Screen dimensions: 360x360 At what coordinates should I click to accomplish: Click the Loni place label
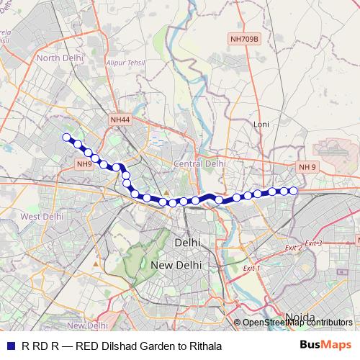261,124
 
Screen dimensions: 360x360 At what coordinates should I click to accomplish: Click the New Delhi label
176,265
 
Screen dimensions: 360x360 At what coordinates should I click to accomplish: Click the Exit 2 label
293,247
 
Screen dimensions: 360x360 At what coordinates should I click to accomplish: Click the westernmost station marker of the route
66,137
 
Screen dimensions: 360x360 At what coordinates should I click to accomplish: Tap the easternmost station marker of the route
294,191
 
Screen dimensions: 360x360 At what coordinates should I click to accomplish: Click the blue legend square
9,346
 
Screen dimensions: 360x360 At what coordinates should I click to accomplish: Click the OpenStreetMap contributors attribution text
297,323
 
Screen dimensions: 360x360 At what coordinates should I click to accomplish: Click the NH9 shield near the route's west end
84,163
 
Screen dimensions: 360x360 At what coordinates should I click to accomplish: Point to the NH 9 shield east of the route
307,166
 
